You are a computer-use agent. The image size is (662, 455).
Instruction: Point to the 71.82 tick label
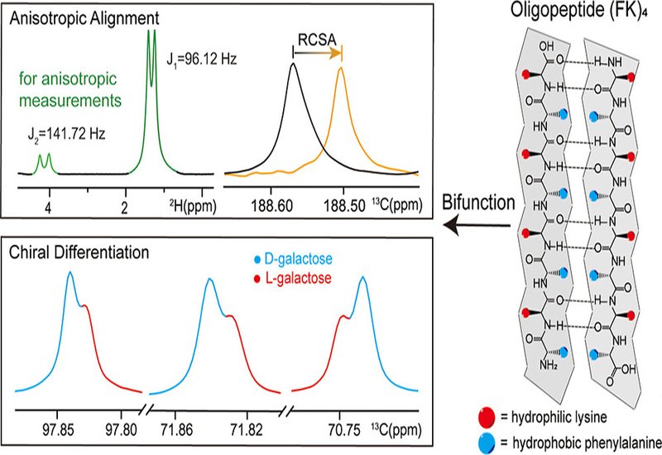(x=255, y=429)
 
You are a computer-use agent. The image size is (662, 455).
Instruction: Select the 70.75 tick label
(x=342, y=429)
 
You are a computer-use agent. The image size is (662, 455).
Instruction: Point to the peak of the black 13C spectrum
(x=292, y=65)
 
